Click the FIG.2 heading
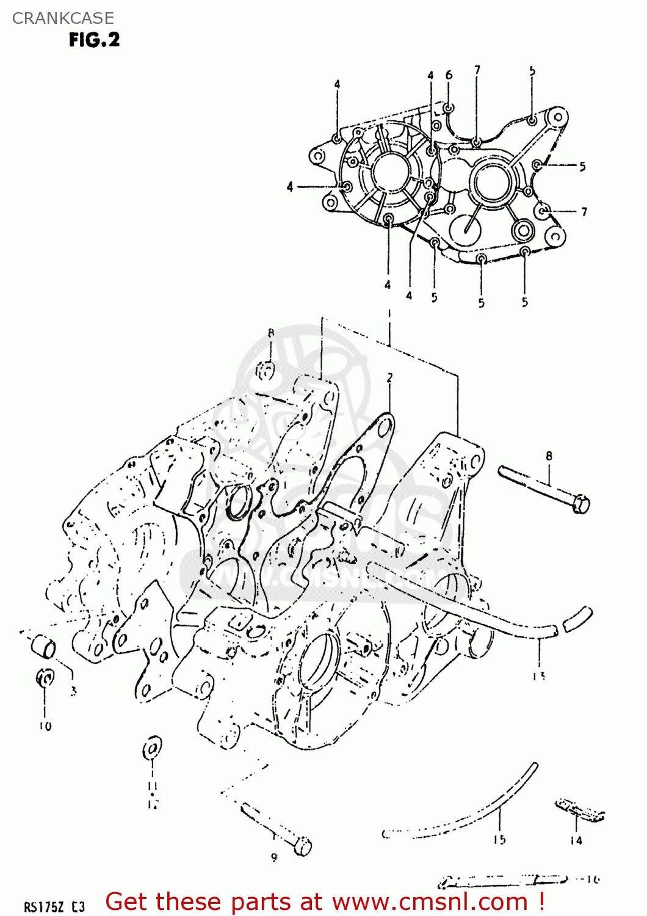[x=94, y=40]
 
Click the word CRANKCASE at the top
[x=63, y=18]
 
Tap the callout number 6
[x=449, y=75]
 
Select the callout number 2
[x=389, y=378]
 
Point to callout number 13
[x=538, y=676]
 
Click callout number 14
[x=576, y=840]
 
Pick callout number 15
[x=499, y=840]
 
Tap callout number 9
[x=274, y=857]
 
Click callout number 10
[x=45, y=726]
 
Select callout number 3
[x=73, y=691]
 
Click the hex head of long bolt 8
[x=581, y=504]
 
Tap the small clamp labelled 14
[x=579, y=810]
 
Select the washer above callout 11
[x=151, y=749]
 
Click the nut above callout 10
[x=45, y=677]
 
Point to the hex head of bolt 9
[x=303, y=846]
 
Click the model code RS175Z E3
[x=54, y=907]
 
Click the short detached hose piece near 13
[x=577, y=619]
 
